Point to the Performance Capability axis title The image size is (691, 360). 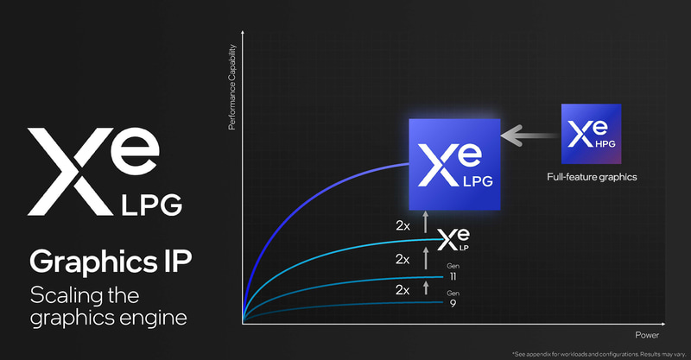[231, 90]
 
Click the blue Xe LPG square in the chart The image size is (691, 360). [454, 164]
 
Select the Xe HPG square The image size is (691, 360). [591, 133]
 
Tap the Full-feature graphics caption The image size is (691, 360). [591, 178]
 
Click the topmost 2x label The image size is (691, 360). [403, 226]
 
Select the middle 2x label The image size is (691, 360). [403, 259]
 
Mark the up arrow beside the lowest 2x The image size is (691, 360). [425, 288]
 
